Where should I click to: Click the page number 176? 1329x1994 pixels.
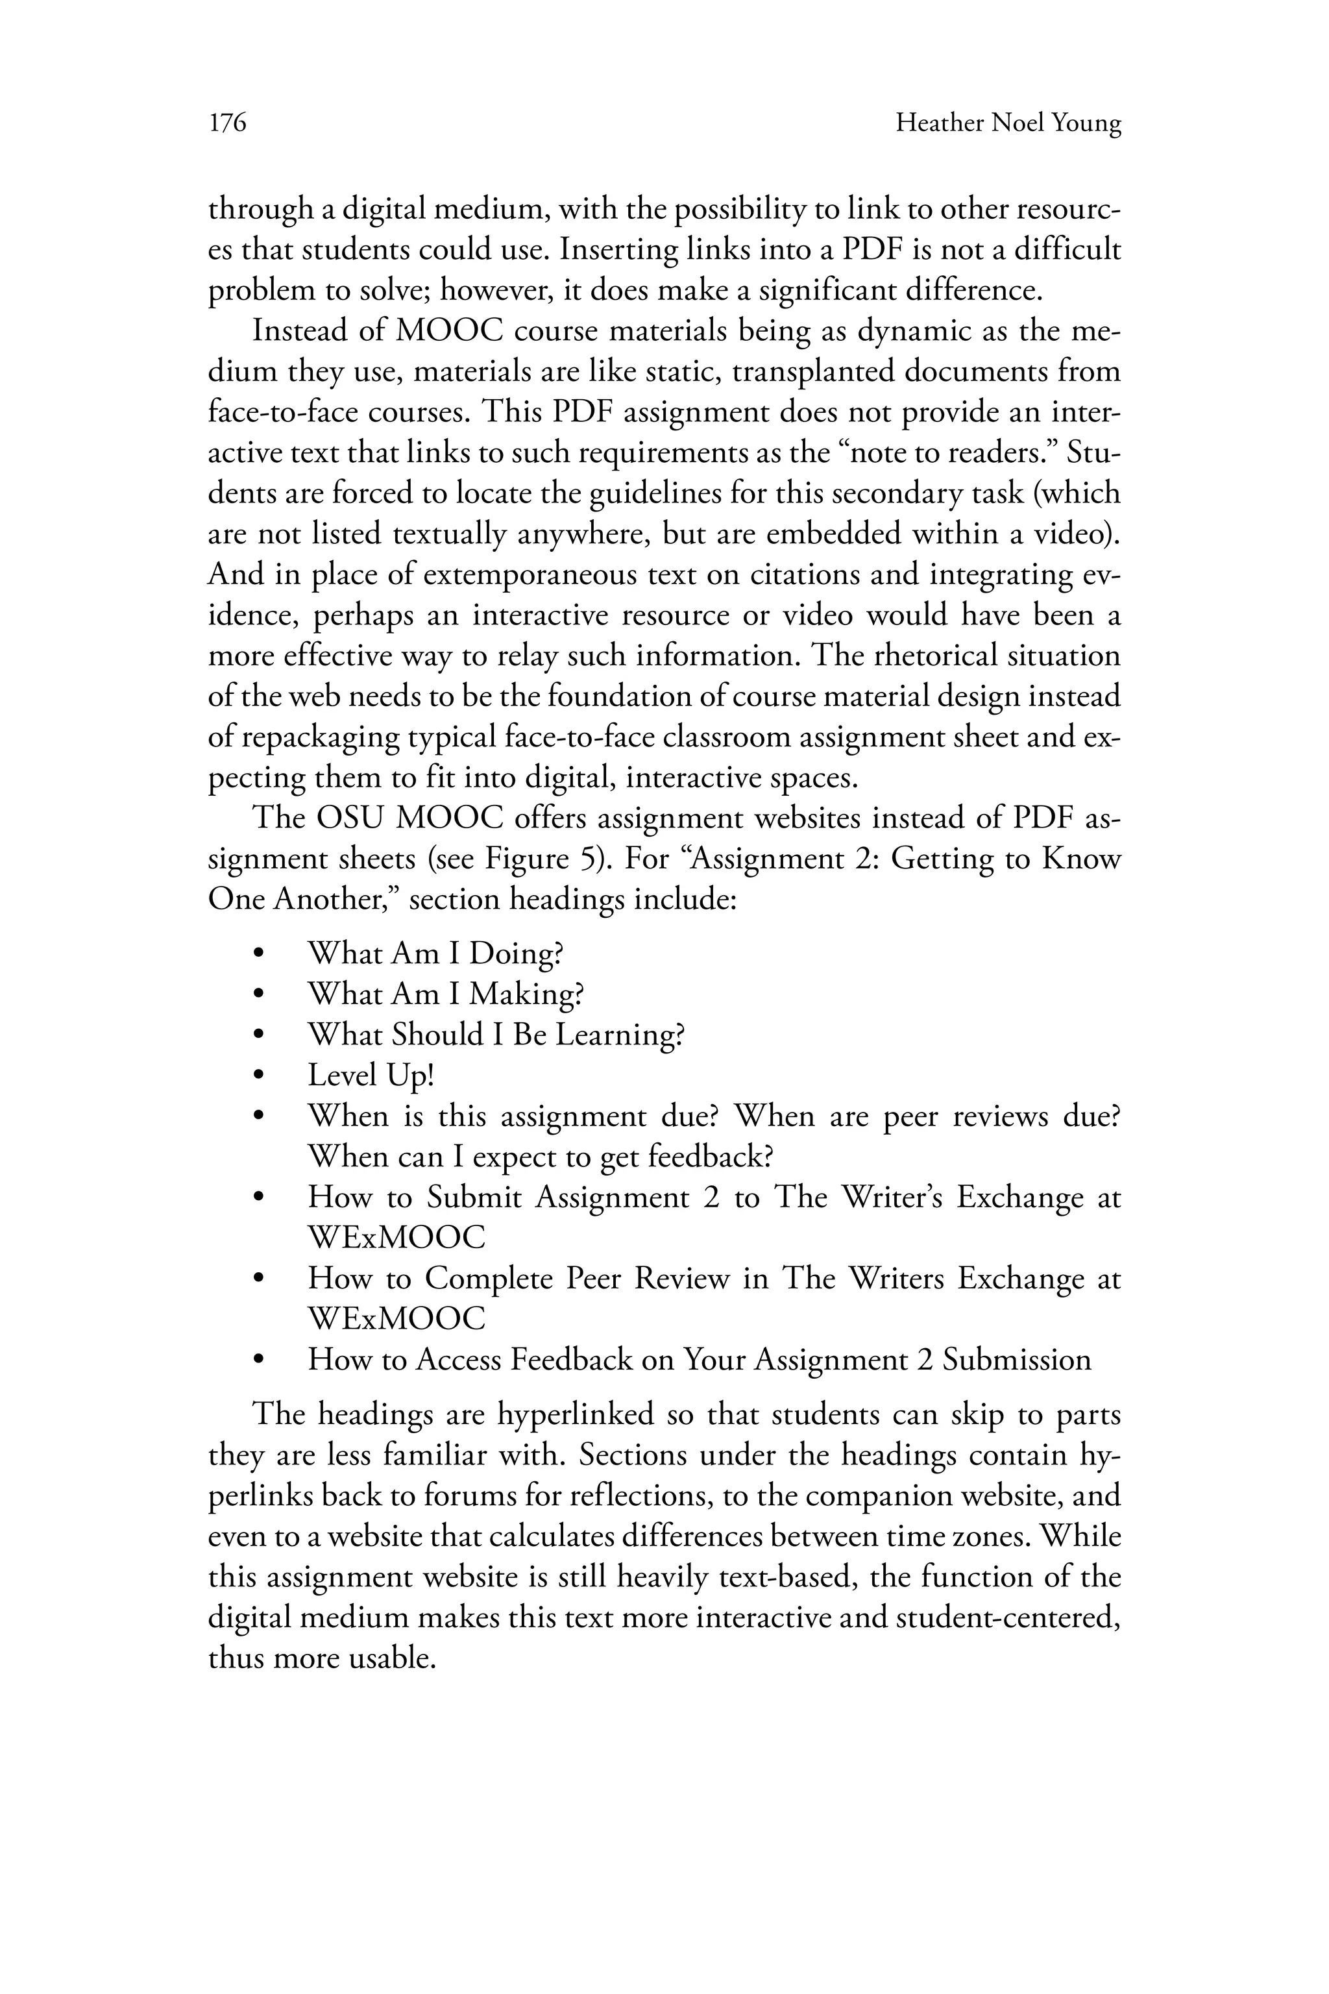227,124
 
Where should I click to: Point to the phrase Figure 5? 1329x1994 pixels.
543,859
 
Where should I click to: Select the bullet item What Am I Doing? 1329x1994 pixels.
435,954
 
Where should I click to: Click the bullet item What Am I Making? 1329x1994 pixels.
445,994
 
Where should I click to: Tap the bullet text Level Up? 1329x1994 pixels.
371,1075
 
